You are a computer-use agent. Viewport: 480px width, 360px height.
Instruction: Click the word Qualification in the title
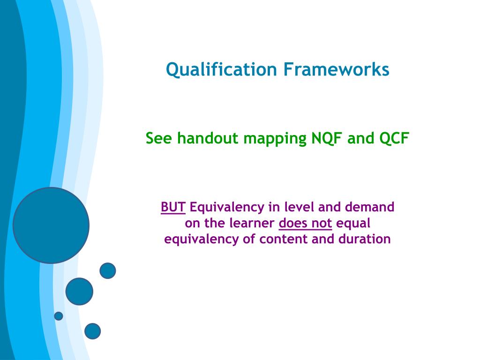coord(221,69)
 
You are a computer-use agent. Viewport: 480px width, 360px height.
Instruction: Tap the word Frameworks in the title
coord(336,69)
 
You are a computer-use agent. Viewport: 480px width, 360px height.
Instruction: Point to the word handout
coord(208,138)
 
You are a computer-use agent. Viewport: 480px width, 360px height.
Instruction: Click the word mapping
coord(275,139)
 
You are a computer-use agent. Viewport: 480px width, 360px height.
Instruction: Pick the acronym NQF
coord(326,138)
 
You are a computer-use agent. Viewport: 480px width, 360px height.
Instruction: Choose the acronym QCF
coord(394,138)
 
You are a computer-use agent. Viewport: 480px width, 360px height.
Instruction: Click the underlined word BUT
coord(173,207)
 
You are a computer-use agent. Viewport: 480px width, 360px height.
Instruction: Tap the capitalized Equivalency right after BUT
coord(227,208)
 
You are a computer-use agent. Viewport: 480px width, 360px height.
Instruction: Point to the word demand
coord(369,207)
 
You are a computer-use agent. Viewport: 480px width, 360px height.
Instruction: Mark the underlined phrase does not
coord(305,223)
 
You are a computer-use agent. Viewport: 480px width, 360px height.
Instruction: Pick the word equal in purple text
coord(353,224)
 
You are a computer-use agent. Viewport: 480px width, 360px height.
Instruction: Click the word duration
coord(364,239)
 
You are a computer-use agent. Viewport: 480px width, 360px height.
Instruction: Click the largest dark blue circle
coord(51,225)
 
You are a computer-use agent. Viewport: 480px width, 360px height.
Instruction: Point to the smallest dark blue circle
coord(59,316)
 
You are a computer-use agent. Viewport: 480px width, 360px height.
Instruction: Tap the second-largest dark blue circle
coord(79,292)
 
